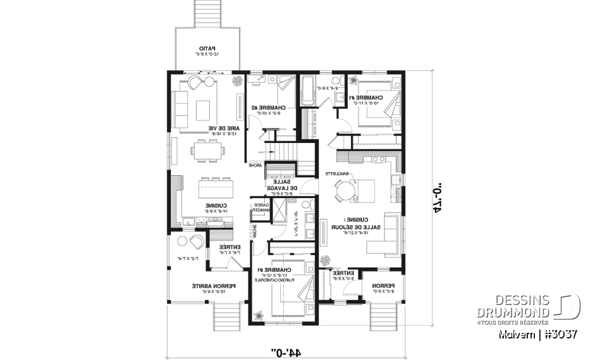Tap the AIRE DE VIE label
pos(229,130)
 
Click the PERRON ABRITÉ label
pos(207,289)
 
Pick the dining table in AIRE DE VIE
pos(207,151)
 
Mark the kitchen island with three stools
pos(214,188)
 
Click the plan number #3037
pos(559,333)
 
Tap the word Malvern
pos(515,333)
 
